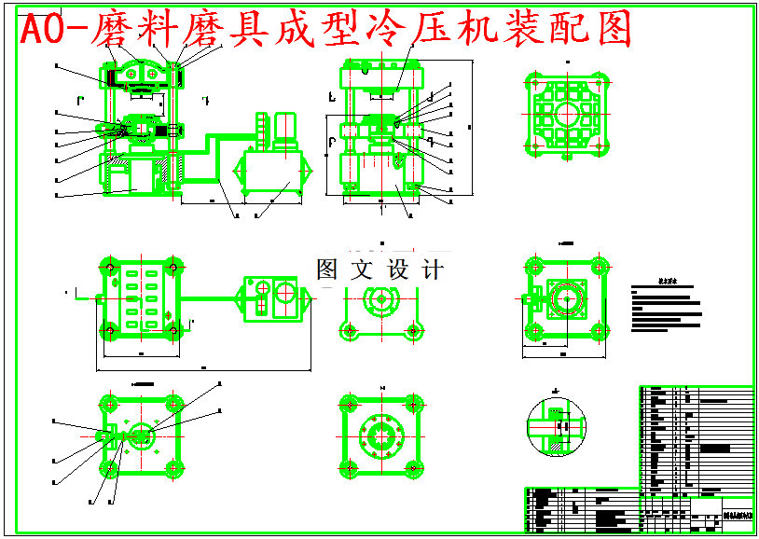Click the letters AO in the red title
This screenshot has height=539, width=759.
44,32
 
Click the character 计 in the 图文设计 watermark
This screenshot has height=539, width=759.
432,270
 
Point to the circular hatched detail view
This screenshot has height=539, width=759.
556,428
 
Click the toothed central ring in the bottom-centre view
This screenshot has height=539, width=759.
380,435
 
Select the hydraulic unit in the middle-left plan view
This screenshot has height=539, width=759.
271,298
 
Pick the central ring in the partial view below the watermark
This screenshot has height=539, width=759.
380,299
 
